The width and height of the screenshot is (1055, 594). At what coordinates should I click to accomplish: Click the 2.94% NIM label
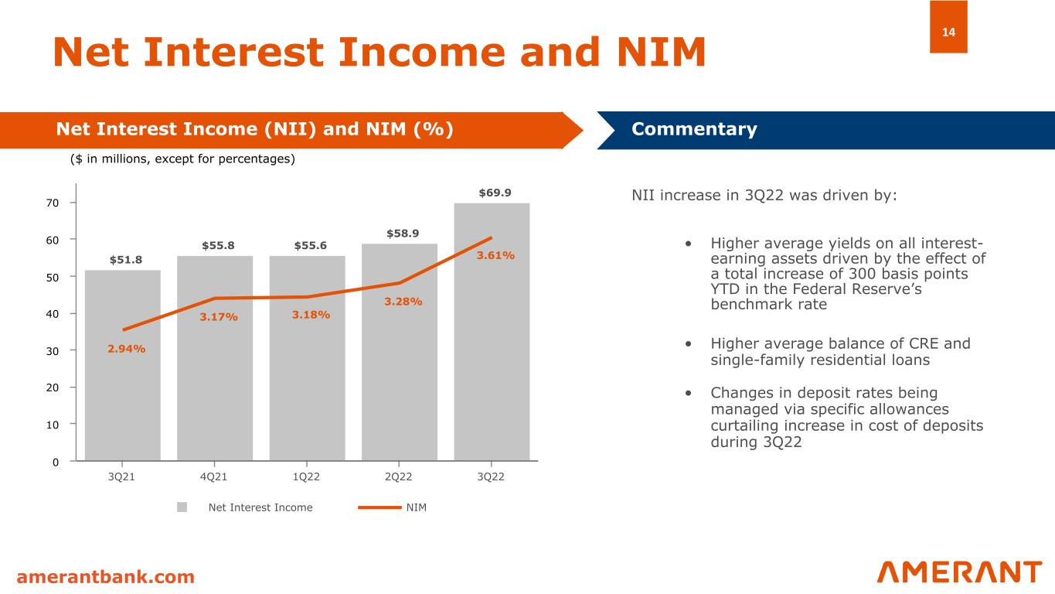127,349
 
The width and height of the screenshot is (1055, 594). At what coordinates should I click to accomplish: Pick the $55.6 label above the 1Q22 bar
310,246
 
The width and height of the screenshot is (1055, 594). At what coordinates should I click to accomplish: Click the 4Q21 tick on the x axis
213,476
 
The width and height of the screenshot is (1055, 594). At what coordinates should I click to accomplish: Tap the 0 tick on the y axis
64,462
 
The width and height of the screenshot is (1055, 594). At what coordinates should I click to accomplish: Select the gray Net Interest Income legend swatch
182,507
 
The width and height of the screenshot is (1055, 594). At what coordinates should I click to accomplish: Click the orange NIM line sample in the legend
379,507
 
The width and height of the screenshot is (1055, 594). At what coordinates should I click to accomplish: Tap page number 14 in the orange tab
948,32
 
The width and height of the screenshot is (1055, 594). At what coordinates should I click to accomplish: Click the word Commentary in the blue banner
694,129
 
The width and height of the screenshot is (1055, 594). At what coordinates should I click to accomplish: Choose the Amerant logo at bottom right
959,572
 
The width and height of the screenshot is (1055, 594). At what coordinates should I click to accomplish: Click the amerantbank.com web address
106,577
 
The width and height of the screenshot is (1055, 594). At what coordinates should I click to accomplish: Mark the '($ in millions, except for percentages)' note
183,159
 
